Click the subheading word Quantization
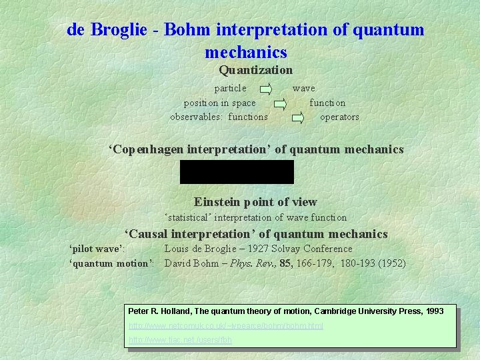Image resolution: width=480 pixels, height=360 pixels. (255, 69)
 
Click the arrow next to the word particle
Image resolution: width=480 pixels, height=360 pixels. (265, 88)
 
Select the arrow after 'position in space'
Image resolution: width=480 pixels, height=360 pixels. (280, 103)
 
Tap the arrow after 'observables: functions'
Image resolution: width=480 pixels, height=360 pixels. (298, 117)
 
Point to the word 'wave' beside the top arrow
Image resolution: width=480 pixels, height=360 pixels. (304, 88)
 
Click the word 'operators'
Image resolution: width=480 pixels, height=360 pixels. (339, 117)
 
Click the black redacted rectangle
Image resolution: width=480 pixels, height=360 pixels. (237, 172)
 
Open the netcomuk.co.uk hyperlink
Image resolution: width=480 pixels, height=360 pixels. (225, 326)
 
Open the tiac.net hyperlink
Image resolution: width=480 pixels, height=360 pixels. (180, 340)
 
